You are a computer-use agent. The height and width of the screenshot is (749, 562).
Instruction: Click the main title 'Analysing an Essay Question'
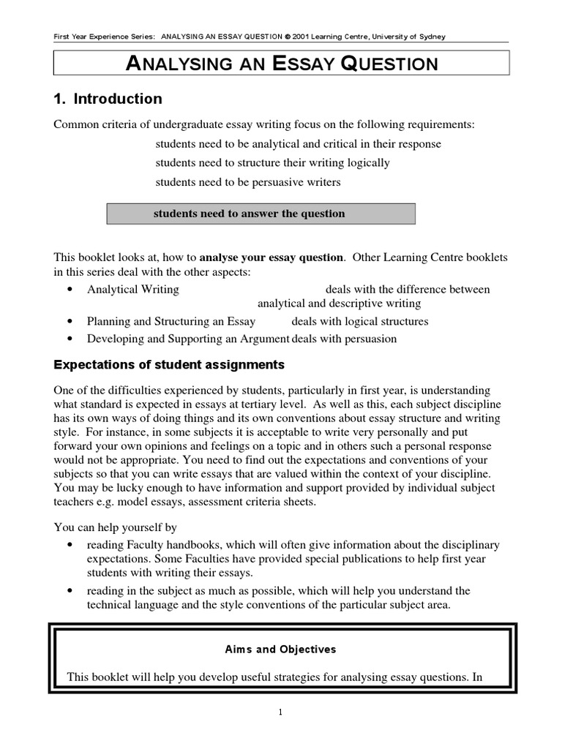pos(282,64)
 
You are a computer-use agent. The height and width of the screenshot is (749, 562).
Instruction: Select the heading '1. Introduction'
pos(108,99)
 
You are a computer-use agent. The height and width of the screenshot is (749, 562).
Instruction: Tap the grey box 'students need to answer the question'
pos(261,214)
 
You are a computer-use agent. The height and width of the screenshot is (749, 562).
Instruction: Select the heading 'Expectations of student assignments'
pos(170,364)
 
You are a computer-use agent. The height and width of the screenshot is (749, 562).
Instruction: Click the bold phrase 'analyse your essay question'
pos(271,257)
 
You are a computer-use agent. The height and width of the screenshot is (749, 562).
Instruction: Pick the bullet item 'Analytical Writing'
pos(132,290)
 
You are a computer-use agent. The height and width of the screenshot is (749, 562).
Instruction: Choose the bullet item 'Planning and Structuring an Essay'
pos(171,321)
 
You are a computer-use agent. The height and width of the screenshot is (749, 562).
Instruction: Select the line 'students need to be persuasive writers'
pos(248,181)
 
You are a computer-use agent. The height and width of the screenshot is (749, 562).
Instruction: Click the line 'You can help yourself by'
pos(115,527)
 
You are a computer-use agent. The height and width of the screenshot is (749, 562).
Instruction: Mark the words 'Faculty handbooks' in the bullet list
pos(166,545)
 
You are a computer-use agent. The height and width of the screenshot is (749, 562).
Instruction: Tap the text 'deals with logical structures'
pos(359,321)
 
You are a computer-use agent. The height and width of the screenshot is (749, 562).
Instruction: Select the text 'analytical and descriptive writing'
pos(339,304)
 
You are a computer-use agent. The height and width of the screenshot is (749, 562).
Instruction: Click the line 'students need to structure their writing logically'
pos(272,162)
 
